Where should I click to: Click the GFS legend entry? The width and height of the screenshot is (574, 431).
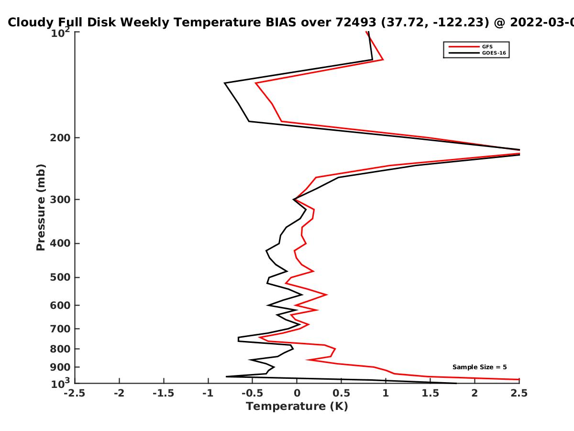click(x=487, y=46)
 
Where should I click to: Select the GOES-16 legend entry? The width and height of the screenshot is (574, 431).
click(x=494, y=53)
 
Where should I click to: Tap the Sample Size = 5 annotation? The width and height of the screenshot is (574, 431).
click(x=480, y=367)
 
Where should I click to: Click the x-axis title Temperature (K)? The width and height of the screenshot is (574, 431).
click(x=297, y=407)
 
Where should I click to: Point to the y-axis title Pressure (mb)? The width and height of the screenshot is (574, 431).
click(x=41, y=207)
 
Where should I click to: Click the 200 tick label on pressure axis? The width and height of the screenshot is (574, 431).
click(x=60, y=137)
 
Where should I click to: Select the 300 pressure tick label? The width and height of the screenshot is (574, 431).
click(x=60, y=200)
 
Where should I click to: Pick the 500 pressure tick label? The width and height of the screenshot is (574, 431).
click(x=60, y=277)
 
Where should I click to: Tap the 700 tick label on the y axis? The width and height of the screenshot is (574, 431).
click(x=60, y=329)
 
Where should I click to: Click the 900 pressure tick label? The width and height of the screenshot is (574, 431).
click(x=60, y=367)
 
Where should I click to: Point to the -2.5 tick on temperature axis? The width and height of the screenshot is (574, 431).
click(x=75, y=393)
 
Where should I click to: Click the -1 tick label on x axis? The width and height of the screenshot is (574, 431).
click(x=208, y=393)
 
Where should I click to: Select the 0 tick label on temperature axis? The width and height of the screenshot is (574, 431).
click(x=297, y=393)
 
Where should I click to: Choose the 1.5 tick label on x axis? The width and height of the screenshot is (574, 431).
click(x=430, y=393)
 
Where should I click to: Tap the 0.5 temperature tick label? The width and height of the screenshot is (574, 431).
click(x=341, y=393)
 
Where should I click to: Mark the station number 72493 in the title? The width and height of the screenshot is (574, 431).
click(x=356, y=23)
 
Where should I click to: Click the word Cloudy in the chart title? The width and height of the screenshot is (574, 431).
click(x=31, y=23)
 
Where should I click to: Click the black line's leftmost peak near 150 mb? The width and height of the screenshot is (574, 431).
click(x=225, y=83)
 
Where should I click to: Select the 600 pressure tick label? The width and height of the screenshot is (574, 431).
click(x=60, y=306)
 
